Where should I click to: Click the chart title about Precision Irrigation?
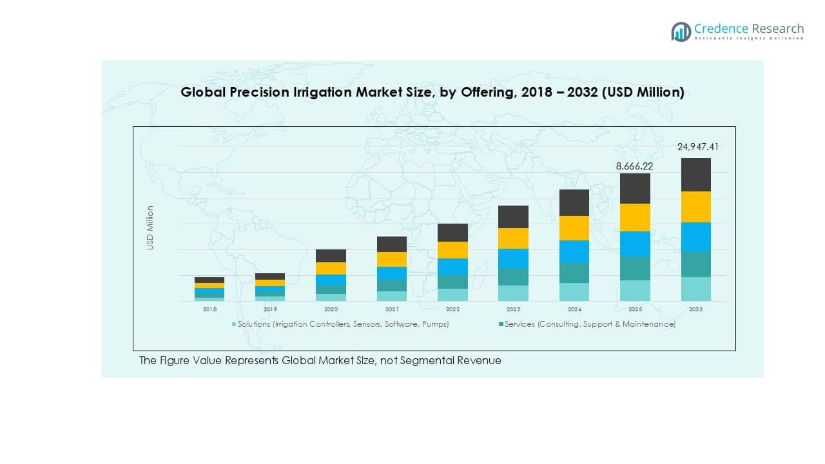[432, 92]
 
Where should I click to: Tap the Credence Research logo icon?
[681, 32]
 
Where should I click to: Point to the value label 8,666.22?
[635, 166]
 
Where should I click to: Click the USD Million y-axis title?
[150, 227]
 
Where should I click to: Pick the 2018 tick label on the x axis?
[209, 309]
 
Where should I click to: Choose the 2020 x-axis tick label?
[331, 309]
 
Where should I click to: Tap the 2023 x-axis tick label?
[513, 309]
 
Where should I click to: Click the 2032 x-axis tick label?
[696, 309]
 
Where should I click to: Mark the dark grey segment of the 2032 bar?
[696, 175]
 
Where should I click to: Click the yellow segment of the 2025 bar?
[635, 217]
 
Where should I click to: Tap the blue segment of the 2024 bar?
[574, 251]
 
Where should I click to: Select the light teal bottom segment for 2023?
[513, 293]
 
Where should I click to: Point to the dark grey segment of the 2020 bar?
[331, 256]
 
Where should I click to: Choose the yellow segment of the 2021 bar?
[392, 259]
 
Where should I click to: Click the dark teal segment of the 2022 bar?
[452, 282]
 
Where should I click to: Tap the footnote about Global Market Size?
[320, 361]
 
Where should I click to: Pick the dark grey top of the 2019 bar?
[270, 276]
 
